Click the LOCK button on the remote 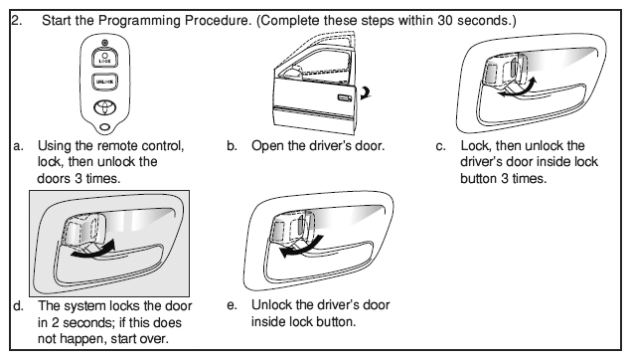[x=104, y=58]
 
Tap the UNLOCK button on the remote [x=104, y=82]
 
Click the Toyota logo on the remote [x=105, y=107]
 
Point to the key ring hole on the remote [x=104, y=127]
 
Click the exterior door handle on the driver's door [x=344, y=97]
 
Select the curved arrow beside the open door [x=367, y=92]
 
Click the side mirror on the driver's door [x=292, y=73]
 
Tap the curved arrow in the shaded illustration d [x=92, y=250]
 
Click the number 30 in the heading [x=444, y=20]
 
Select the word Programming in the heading [x=139, y=21]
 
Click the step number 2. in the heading [x=16, y=20]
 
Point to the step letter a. [x=18, y=146]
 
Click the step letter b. [x=232, y=145]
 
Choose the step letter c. [x=440, y=146]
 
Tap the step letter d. [x=18, y=305]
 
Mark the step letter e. [x=232, y=305]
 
